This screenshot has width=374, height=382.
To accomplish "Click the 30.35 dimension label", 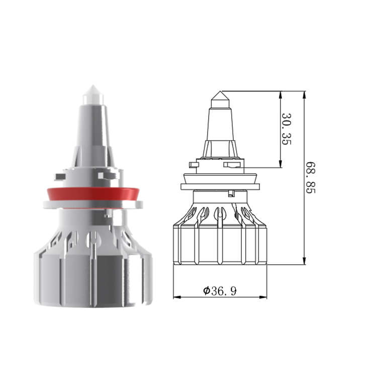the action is (286, 129).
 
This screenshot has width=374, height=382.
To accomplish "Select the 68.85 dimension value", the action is (310, 178).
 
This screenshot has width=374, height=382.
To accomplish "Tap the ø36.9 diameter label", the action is (220, 290).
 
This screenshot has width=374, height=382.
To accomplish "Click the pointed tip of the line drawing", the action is (221, 92).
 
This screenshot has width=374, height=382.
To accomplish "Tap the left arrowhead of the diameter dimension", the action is (177, 297).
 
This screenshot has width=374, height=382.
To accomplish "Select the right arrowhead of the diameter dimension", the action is (263, 297).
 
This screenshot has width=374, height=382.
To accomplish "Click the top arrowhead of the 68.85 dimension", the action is (304, 95).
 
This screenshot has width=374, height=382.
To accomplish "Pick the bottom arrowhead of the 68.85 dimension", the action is (304, 260).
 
